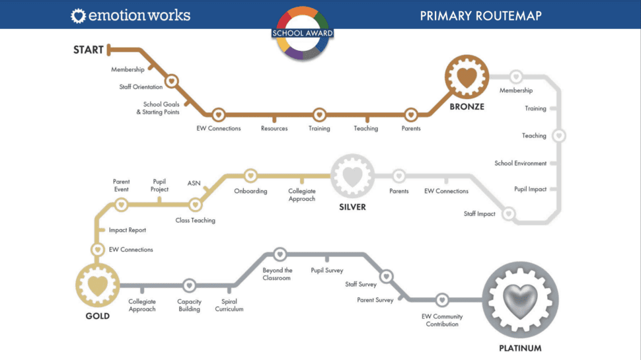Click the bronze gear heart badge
tap(467, 77)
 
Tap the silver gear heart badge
tap(352, 176)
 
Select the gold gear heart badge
tap(97, 285)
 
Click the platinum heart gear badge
tap(520, 300)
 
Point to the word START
tap(89, 50)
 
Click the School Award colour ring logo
tap(303, 33)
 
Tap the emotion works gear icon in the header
tap(78, 16)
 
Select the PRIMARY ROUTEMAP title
tap(481, 16)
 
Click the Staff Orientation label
tap(141, 87)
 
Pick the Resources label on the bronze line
tap(274, 128)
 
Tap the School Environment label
tap(521, 163)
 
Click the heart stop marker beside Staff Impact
tap(509, 213)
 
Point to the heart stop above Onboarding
tap(250, 176)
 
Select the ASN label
tap(194, 183)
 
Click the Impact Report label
tap(127, 230)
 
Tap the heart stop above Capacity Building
tap(189, 285)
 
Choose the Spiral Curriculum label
tap(229, 305)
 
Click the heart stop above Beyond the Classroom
tap(280, 254)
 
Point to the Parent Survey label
tap(375, 300)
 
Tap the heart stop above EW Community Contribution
tap(442, 300)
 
